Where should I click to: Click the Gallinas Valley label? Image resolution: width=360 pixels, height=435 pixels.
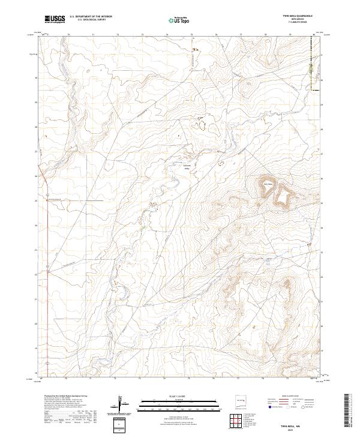[x=185, y=167]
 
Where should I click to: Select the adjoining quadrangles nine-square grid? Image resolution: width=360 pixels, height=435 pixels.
[x=239, y=422]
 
